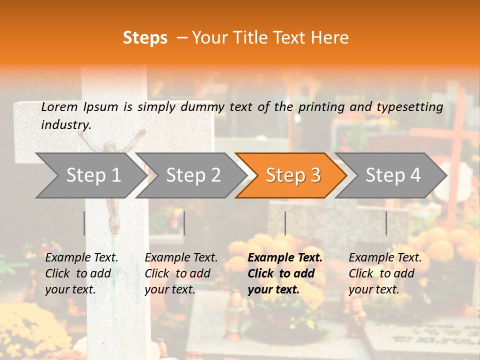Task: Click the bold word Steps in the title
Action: (x=145, y=37)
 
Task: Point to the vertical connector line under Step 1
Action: (x=84, y=223)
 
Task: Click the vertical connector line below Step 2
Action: (x=184, y=223)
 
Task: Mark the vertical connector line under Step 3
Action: (x=285, y=223)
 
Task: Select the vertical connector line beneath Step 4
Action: (x=386, y=223)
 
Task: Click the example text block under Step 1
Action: (x=81, y=273)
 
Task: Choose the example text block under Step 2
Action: (x=181, y=273)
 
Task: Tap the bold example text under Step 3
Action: (x=285, y=273)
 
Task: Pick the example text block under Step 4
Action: (x=385, y=273)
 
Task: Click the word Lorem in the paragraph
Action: (x=59, y=106)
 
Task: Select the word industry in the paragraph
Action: (x=65, y=124)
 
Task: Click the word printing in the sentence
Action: (x=321, y=106)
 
